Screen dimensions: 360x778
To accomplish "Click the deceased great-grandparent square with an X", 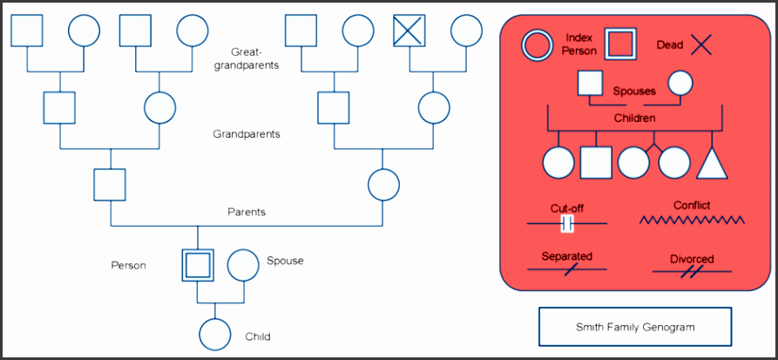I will click(x=409, y=31).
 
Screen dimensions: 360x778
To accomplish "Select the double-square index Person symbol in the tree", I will click(x=199, y=265).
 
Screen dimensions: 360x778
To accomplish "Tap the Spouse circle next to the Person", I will click(x=243, y=265).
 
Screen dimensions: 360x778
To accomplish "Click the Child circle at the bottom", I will click(x=214, y=334).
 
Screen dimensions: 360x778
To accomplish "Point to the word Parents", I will click(x=247, y=212).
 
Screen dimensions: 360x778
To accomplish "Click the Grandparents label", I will click(x=247, y=135).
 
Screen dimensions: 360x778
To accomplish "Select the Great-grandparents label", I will click(x=249, y=58).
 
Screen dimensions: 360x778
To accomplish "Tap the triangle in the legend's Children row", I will click(x=711, y=162).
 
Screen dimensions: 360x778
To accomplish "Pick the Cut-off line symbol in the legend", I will click(x=567, y=225).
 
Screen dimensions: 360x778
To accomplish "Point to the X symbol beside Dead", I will click(x=700, y=44).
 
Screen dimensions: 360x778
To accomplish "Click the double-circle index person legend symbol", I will click(x=536, y=44).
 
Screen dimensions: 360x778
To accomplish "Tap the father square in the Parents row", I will click(x=110, y=185).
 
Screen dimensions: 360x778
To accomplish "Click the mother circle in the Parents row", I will click(x=383, y=185).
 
